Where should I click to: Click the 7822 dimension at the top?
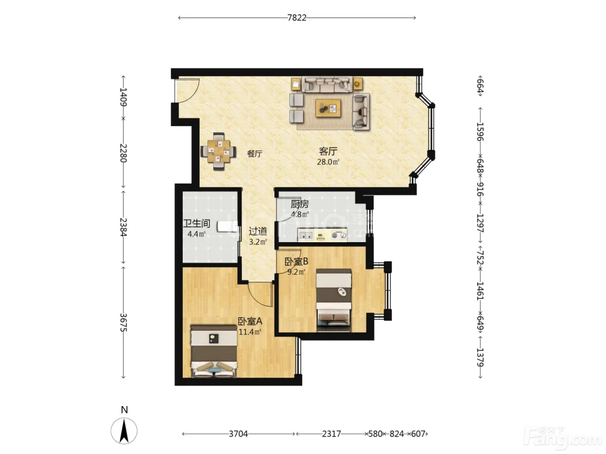(x=297, y=18)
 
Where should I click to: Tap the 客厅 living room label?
(x=328, y=151)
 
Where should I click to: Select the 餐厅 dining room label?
(x=255, y=154)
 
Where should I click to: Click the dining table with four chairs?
(x=219, y=151)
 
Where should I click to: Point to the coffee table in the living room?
(x=328, y=109)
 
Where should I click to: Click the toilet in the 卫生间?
(x=227, y=227)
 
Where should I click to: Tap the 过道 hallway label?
(x=258, y=231)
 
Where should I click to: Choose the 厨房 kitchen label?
(x=300, y=204)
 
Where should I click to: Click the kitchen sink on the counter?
(x=306, y=236)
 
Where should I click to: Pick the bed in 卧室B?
(x=334, y=300)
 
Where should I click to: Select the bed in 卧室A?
(x=214, y=351)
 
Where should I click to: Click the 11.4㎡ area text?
(x=250, y=332)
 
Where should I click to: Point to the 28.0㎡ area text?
(x=328, y=162)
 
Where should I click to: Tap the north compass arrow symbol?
(x=124, y=431)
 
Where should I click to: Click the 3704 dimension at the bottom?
(x=238, y=434)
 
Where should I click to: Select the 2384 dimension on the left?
(x=123, y=227)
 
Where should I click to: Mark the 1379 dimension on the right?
(x=480, y=357)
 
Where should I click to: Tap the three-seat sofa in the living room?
(x=327, y=84)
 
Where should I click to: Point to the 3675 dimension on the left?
(x=123, y=323)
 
